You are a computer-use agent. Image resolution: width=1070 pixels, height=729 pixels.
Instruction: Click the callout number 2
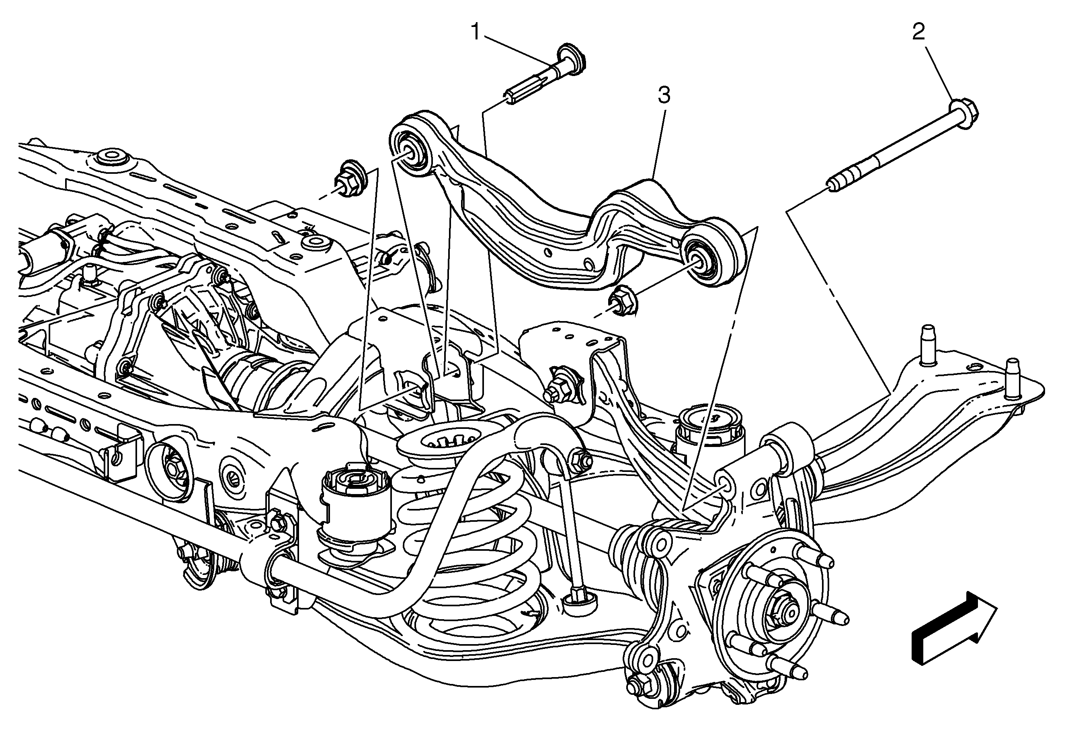[918, 32]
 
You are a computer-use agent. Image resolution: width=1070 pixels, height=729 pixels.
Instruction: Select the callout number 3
[664, 95]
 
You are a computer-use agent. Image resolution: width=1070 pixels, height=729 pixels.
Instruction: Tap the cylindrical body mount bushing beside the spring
[355, 511]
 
